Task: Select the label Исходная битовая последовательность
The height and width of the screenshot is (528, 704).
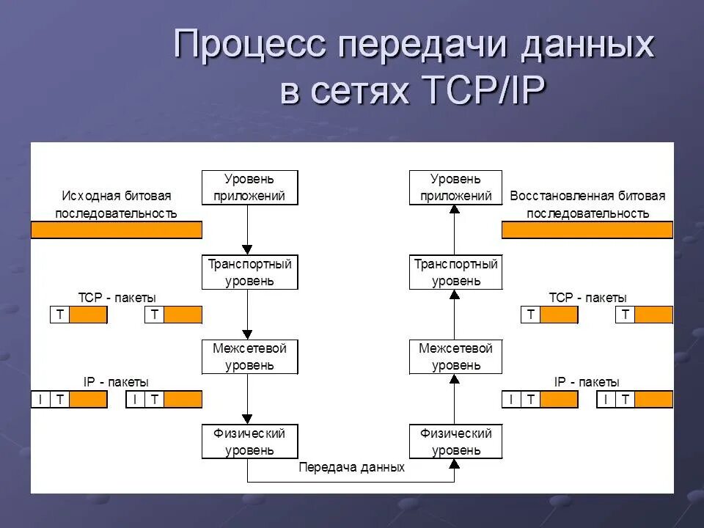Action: [x=116, y=205]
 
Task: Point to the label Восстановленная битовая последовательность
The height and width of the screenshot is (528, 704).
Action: [x=587, y=205]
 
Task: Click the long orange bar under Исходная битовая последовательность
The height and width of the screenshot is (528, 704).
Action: [x=116, y=230]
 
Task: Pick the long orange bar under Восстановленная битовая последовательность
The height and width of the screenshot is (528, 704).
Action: [x=587, y=230]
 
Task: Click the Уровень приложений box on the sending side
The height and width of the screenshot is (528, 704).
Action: [x=250, y=188]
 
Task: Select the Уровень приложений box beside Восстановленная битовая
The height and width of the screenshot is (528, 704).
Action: [x=455, y=188]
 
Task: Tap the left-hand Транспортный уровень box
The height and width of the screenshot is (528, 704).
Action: [x=250, y=272]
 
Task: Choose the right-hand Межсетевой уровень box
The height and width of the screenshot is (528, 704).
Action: [x=455, y=357]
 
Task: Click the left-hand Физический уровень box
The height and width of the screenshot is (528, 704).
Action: [x=250, y=441]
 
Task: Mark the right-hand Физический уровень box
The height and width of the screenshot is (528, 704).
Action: [x=455, y=441]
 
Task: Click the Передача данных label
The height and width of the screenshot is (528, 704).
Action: [x=352, y=467]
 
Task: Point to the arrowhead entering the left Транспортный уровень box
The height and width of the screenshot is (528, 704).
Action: [x=248, y=249]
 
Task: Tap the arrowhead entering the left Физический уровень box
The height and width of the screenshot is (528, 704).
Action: [x=248, y=419]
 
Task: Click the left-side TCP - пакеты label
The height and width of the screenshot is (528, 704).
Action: [x=117, y=298]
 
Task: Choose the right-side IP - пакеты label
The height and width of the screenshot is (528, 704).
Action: [x=587, y=382]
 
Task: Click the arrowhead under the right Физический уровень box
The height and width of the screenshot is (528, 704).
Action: [x=454, y=463]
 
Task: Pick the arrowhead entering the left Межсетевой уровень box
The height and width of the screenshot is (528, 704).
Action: [x=248, y=334]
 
